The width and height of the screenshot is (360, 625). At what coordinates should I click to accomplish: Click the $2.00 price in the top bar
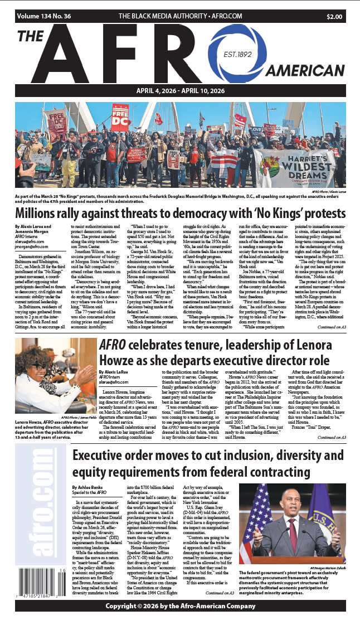pyautogui.click(x=334, y=17)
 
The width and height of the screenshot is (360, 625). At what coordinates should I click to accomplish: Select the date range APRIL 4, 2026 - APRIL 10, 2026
pyautogui.click(x=180, y=91)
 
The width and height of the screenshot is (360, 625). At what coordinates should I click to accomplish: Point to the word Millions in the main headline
pyautogui.click(x=41, y=213)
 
